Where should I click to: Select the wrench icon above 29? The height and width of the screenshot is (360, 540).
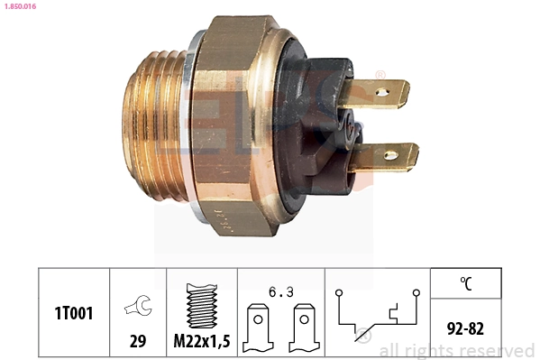point(138,306)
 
